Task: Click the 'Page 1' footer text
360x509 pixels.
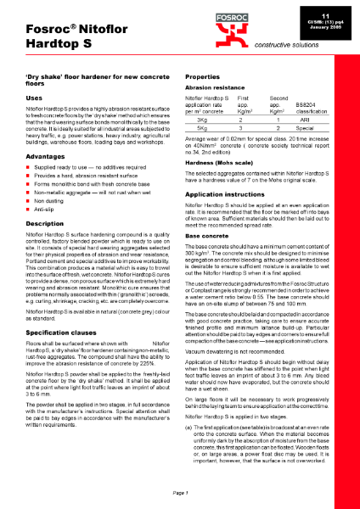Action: click(x=179, y=492)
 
